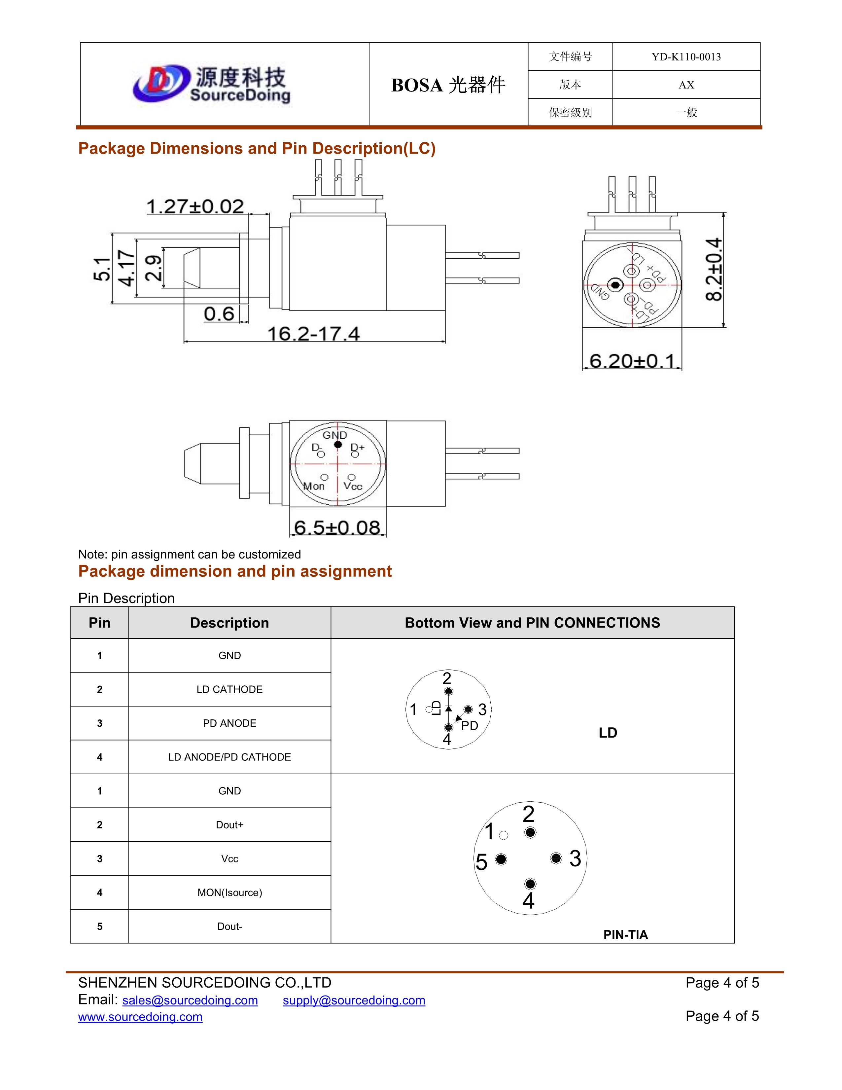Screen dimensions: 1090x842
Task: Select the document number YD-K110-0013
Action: point(686,57)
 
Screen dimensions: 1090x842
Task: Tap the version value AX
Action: point(686,85)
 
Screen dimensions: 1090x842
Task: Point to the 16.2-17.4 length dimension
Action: point(313,333)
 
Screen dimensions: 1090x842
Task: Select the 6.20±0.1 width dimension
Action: point(632,360)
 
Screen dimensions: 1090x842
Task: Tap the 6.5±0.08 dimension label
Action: point(337,527)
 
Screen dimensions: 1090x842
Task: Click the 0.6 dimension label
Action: point(219,313)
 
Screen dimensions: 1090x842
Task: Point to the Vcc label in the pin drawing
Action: point(353,486)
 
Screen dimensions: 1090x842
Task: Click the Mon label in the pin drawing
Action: point(314,486)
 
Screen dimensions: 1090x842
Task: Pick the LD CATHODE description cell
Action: point(229,689)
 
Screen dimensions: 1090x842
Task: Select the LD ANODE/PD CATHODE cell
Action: point(229,757)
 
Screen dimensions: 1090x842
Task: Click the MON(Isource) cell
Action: point(229,892)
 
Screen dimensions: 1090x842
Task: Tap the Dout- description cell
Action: point(229,926)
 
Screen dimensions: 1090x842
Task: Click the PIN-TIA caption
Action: point(625,934)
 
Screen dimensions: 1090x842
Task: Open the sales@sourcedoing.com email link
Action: point(190,1000)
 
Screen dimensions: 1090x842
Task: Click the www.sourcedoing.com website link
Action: point(140,1017)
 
